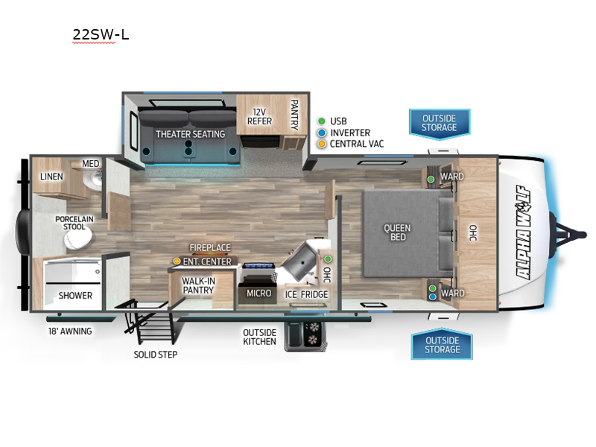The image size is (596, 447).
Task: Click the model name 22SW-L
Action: pyautogui.click(x=101, y=34)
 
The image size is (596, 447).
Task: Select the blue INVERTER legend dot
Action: pyautogui.click(x=321, y=133)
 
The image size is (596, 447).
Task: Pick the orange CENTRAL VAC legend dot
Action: pyautogui.click(x=321, y=144)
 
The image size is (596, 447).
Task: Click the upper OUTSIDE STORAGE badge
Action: pyautogui.click(x=440, y=123)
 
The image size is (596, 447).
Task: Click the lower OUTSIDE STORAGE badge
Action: pyautogui.click(x=442, y=345)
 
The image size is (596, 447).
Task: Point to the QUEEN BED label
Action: pyautogui.click(x=398, y=232)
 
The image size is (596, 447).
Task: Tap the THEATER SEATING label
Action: pyautogui.click(x=190, y=134)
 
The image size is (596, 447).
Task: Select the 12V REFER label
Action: pyautogui.click(x=259, y=116)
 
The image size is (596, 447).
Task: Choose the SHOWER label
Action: pyautogui.click(x=75, y=296)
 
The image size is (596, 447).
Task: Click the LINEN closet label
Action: pyautogui.click(x=51, y=177)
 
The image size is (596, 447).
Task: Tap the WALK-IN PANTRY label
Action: pyautogui.click(x=199, y=287)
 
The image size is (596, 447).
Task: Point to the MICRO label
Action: pyautogui.click(x=259, y=294)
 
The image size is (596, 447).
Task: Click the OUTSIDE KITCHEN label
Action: pyautogui.click(x=259, y=337)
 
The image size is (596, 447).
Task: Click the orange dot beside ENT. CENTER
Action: pyautogui.click(x=177, y=261)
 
